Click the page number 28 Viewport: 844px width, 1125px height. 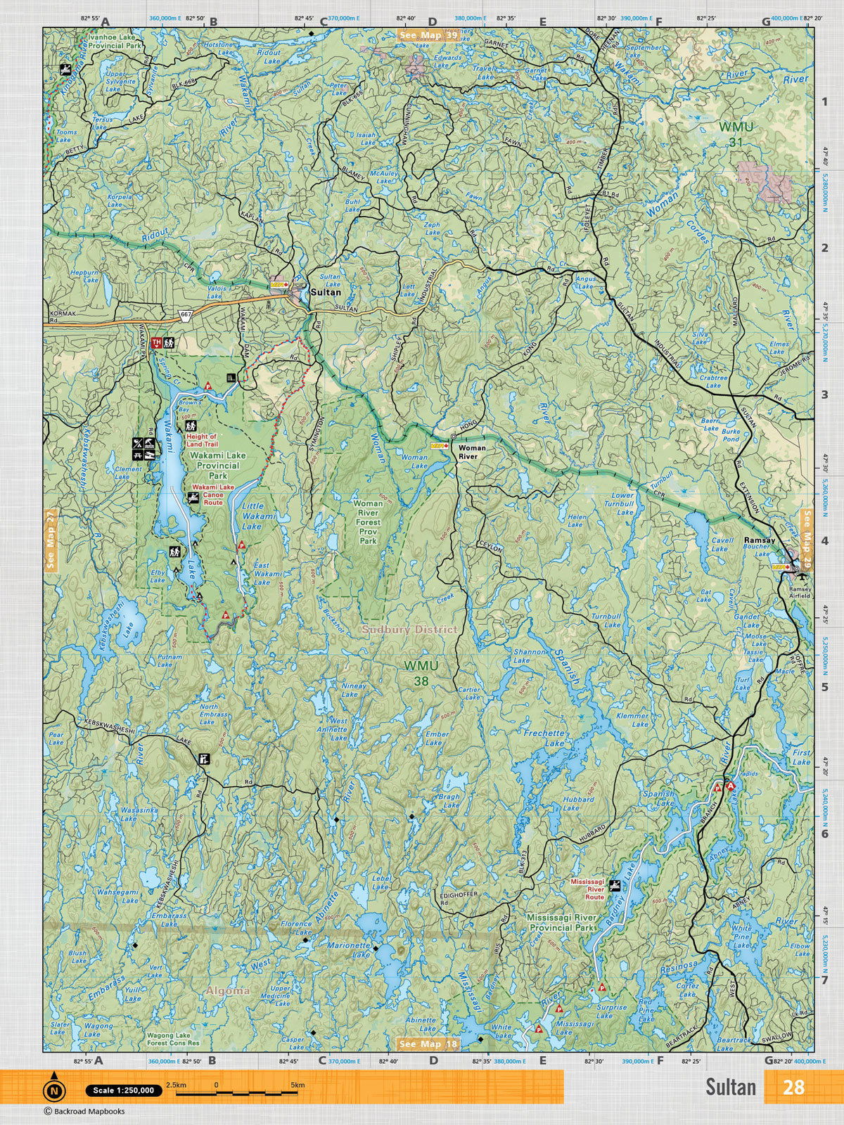[x=793, y=1087]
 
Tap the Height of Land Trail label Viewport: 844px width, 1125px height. [x=203, y=440]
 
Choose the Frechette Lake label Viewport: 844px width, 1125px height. [x=544, y=738]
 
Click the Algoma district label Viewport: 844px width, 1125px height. [x=228, y=991]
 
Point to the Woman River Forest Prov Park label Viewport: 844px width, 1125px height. [x=369, y=522]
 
